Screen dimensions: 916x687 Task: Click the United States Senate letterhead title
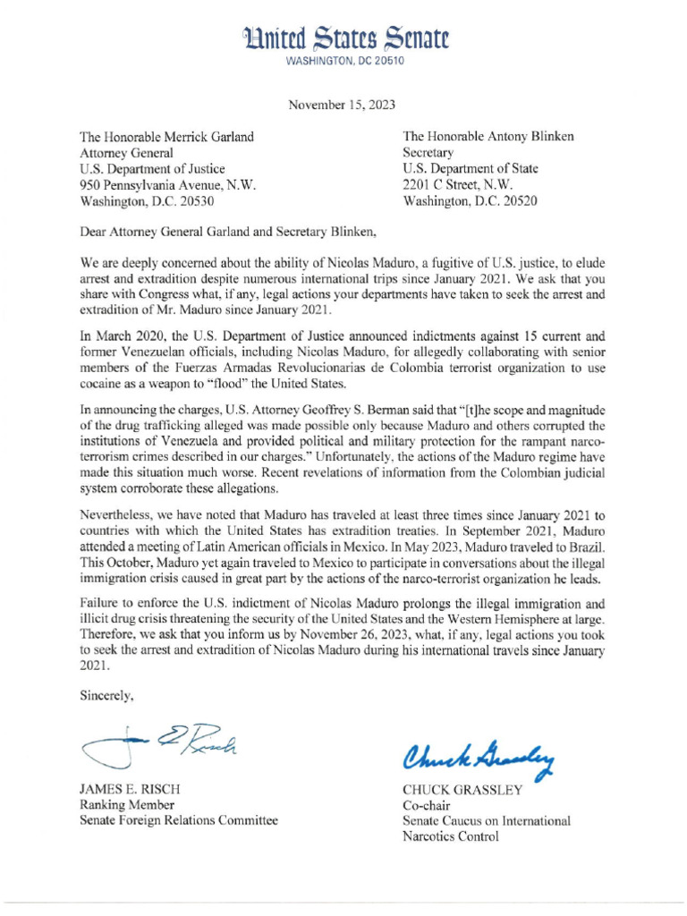tap(343, 37)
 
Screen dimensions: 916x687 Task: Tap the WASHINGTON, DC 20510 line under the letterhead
tap(343, 62)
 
